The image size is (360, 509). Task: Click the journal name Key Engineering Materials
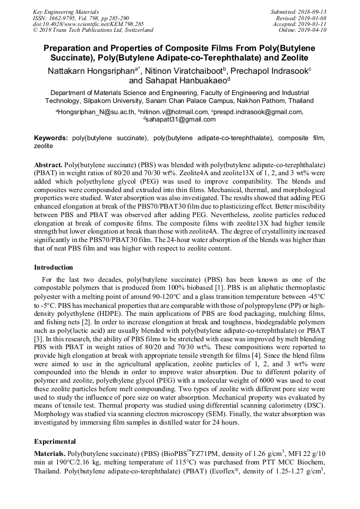tap(65, 11)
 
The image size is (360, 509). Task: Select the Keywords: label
tap(51, 137)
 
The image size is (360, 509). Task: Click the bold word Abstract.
tap(49, 165)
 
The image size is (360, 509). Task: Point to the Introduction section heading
tap(54, 268)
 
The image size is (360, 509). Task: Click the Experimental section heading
tap(55, 441)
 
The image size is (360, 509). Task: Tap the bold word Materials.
tap(50, 454)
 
